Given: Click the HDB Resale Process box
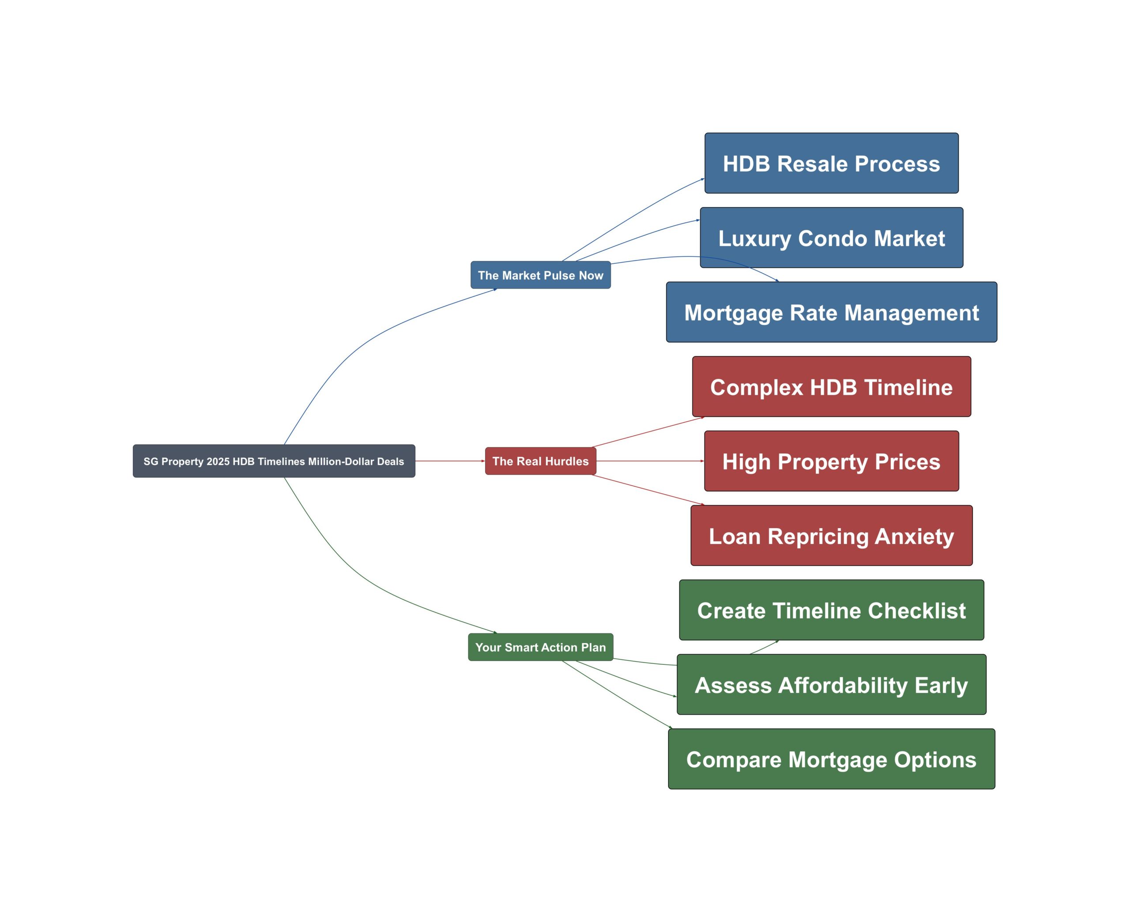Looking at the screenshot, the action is [x=832, y=163].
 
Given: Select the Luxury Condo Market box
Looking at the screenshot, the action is [x=832, y=237].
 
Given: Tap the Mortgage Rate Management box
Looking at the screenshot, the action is [x=832, y=312].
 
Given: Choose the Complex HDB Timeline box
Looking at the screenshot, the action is [x=832, y=386].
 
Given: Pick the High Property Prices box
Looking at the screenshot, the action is [x=832, y=461].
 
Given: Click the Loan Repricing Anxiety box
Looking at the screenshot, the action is [x=832, y=536].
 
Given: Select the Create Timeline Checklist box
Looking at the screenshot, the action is [x=832, y=610].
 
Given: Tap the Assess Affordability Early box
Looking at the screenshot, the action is [x=832, y=685].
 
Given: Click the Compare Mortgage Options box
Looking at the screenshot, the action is [x=832, y=759].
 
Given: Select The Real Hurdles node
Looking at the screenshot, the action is [x=541, y=461].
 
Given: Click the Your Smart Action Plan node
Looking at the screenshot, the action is [x=541, y=647].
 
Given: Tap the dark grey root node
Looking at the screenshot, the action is [x=274, y=461].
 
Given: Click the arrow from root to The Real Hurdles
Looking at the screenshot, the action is [x=450, y=461].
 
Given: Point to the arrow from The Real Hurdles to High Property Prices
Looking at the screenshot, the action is [x=650, y=461].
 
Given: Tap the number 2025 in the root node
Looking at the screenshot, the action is [x=218, y=461].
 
